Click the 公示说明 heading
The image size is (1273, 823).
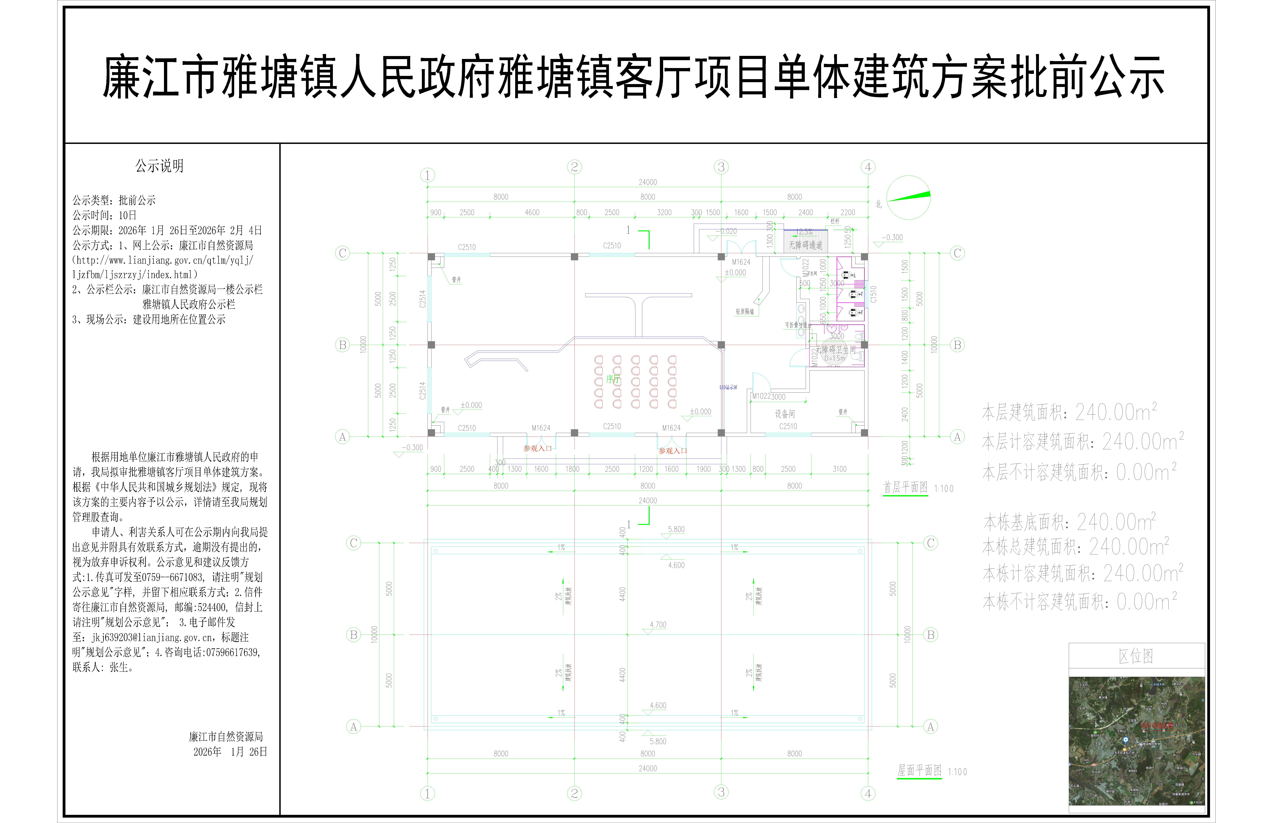[159, 166]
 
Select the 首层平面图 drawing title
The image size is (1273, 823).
[905, 487]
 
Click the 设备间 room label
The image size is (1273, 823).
[784, 414]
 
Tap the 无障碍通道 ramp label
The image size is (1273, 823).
[805, 245]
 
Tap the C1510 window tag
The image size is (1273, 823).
[873, 294]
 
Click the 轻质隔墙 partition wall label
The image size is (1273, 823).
[744, 312]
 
